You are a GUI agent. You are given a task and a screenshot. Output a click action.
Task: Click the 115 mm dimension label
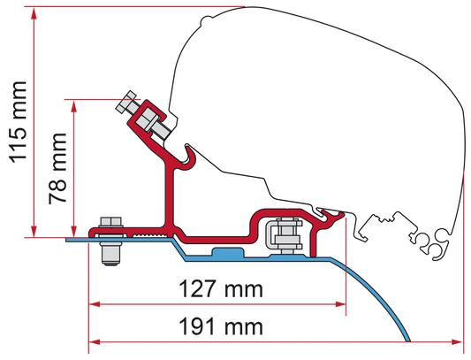coord(19,122)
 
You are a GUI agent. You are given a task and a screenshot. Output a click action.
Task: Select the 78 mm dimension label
coord(57,168)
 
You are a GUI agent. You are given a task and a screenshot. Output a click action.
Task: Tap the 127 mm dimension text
coord(221,289)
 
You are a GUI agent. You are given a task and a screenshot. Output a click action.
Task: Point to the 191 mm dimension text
coord(221,326)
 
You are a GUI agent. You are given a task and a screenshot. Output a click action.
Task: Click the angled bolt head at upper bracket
coord(125,102)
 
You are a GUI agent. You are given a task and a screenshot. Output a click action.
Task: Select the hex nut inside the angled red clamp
coord(146,119)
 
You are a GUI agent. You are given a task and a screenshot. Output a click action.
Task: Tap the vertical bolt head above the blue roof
coord(110,222)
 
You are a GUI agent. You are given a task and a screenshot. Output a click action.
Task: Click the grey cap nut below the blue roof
coord(110,254)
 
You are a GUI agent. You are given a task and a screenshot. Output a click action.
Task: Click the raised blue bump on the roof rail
coord(228,252)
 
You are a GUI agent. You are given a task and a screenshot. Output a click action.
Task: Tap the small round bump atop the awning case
coord(208,19)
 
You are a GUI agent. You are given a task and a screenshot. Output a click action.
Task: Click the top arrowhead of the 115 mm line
coord(34,12)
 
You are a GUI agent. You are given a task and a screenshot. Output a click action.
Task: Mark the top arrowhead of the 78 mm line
coord(73,106)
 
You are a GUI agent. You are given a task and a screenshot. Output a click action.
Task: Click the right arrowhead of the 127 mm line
coord(340,304)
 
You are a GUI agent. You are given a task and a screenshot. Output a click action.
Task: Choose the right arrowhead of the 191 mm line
coord(457,342)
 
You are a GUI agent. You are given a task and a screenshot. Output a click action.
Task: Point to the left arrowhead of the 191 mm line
coord(95,342)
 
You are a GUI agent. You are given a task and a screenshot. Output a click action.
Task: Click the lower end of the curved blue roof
coord(407,341)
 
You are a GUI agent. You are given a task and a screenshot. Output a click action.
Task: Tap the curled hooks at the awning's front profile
coord(432,243)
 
